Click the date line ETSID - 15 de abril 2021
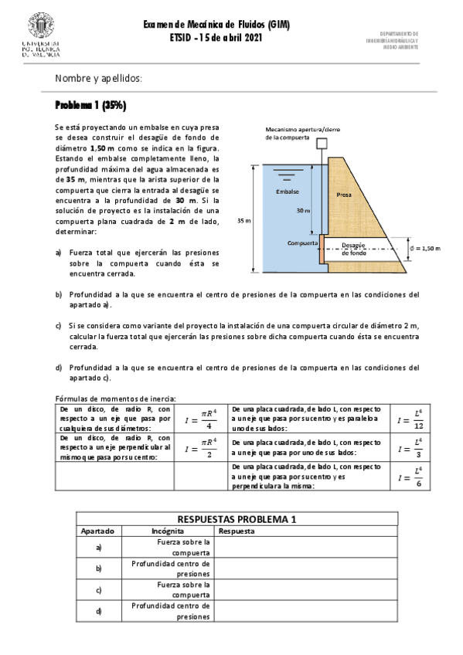(216, 38)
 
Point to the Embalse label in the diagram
(288, 192)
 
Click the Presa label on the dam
(344, 195)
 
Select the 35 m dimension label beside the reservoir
(243, 221)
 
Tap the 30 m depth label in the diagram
(304, 210)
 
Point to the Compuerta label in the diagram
(302, 243)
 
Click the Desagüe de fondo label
(353, 248)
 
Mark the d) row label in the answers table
(99, 611)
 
